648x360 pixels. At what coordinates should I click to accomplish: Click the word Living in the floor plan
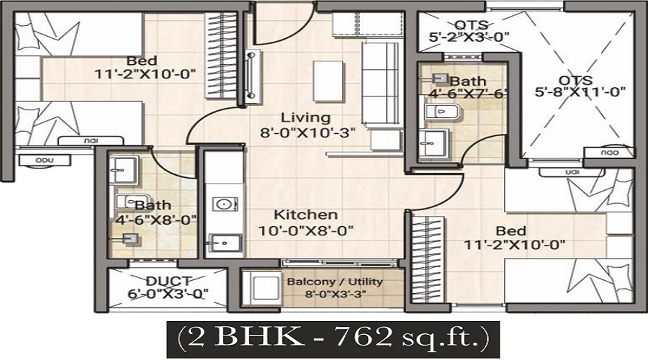pos(305,117)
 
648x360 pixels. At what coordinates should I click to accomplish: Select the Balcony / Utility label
pos(335,282)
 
